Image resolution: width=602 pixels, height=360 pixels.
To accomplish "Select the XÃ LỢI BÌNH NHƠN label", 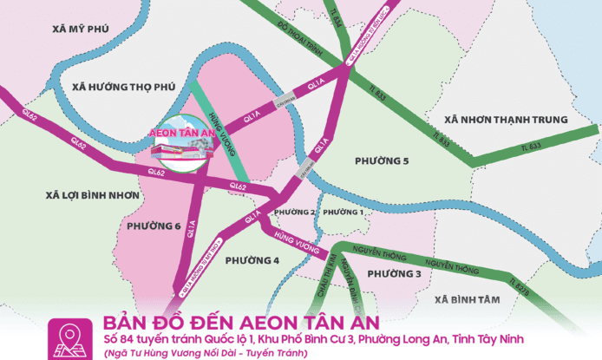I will point(93,196).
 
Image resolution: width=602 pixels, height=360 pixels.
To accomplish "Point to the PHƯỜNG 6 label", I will point(154,226).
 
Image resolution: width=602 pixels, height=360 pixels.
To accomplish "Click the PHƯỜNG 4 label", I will point(252,260).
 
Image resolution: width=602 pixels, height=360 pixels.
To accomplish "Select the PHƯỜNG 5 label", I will point(382,161).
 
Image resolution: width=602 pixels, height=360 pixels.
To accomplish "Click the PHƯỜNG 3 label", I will point(394,274).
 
